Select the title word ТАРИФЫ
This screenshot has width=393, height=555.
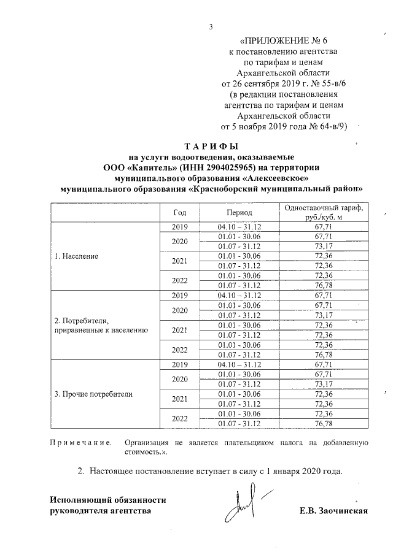(x=211, y=147)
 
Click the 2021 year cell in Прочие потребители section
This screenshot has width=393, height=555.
(x=180, y=399)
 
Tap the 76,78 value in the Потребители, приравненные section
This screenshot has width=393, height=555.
(x=323, y=354)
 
